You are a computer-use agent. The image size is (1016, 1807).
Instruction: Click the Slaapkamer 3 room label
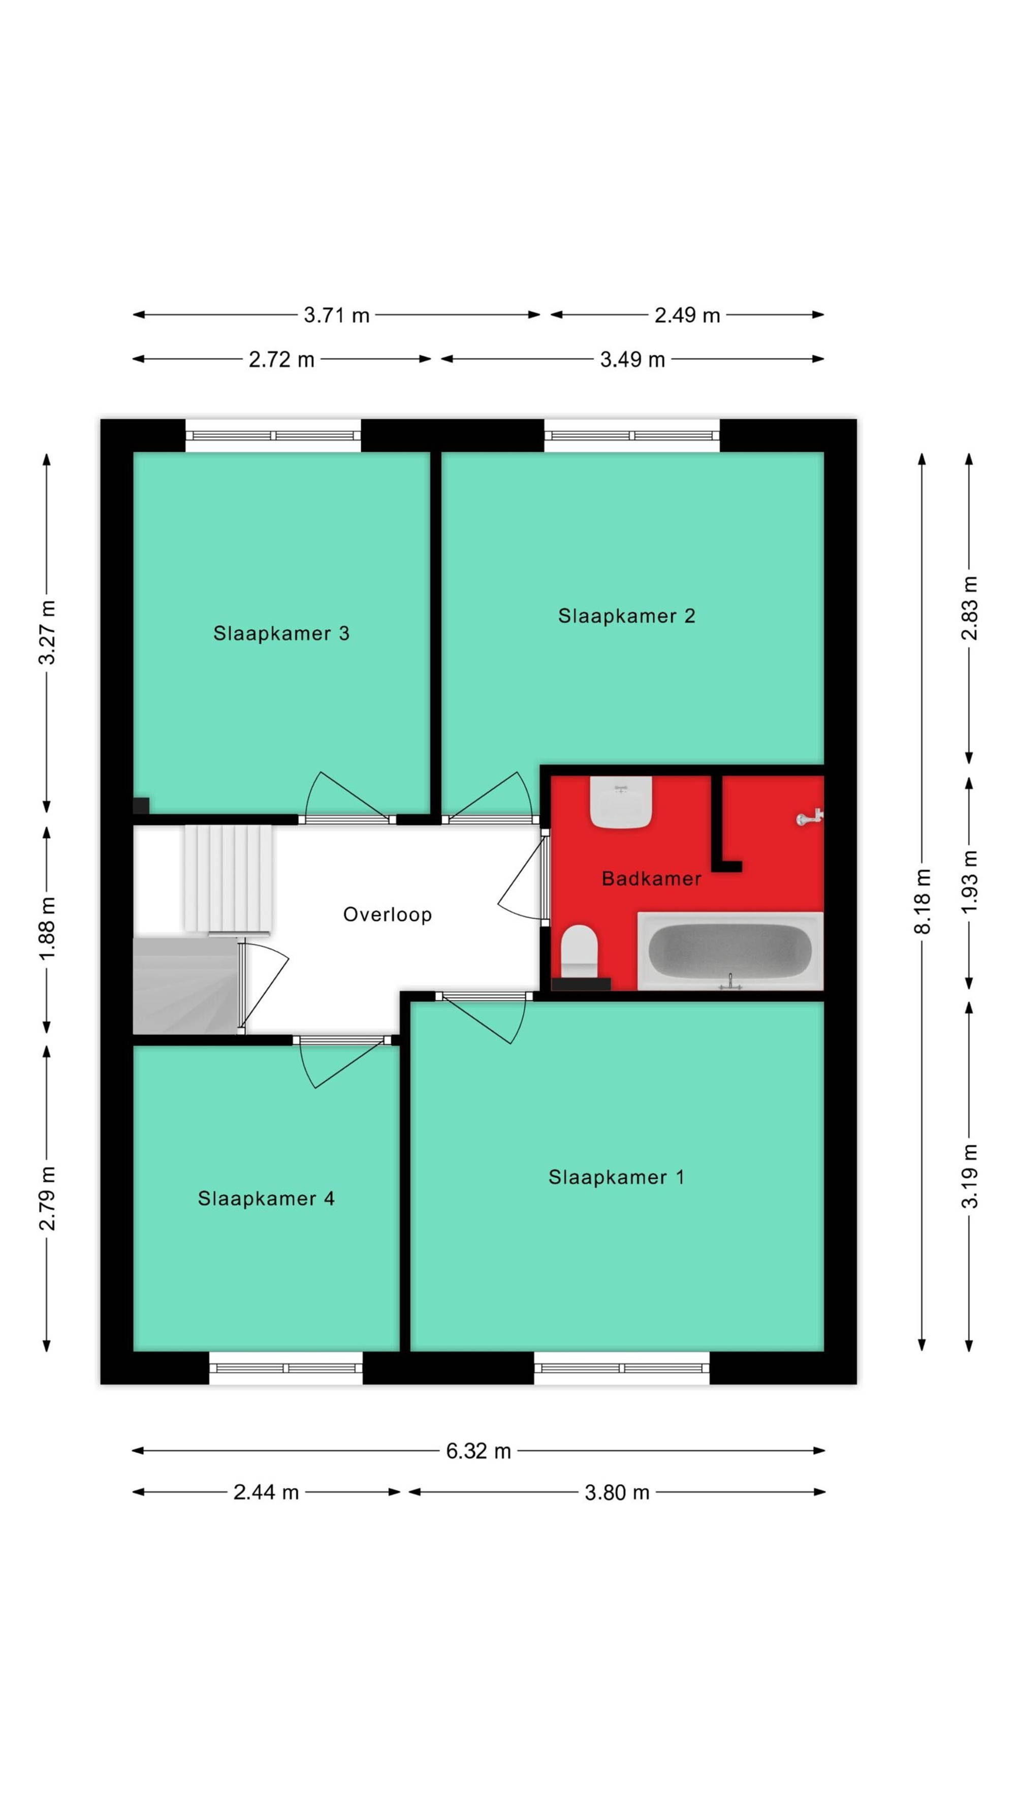[x=280, y=633]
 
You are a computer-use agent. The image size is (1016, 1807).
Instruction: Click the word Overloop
[x=387, y=914]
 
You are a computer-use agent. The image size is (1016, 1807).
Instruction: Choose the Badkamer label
[x=651, y=878]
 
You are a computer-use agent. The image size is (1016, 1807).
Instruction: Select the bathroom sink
[x=621, y=802]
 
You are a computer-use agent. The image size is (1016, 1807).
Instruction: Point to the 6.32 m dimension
[x=478, y=1451]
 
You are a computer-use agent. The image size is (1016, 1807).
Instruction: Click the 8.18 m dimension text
[x=922, y=901]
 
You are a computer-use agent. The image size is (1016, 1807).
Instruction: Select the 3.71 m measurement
[x=337, y=315]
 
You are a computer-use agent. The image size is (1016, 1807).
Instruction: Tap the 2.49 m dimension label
[x=687, y=315]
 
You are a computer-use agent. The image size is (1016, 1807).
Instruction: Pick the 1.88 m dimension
[x=47, y=930]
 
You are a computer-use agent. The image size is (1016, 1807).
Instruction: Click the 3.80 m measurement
[x=617, y=1492]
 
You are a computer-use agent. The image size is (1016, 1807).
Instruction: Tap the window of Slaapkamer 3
[x=273, y=436]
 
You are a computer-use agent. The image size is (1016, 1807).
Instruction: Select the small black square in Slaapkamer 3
[x=141, y=805]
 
